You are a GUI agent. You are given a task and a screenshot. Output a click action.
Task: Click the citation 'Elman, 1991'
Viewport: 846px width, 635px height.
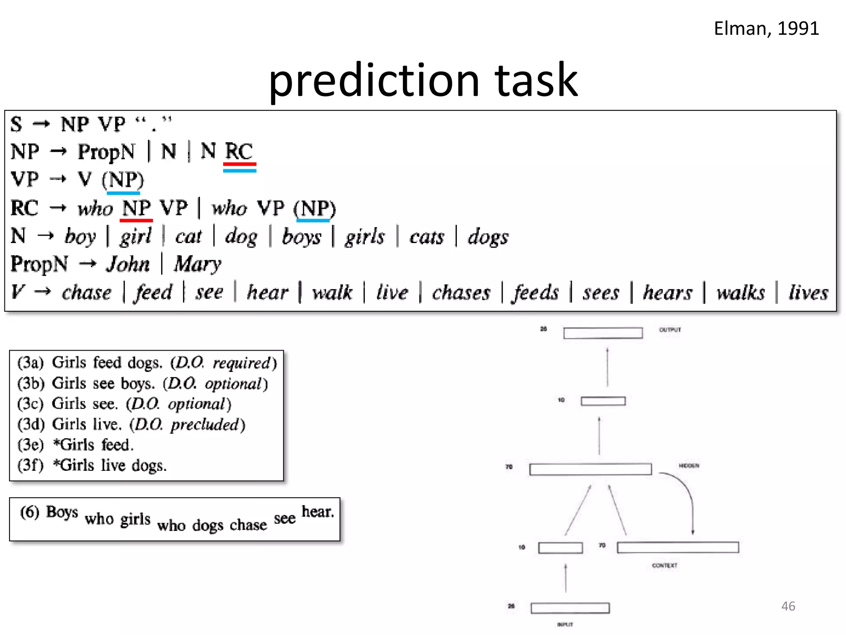(x=766, y=29)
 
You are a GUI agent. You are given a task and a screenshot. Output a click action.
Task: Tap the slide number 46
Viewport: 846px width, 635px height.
(x=788, y=606)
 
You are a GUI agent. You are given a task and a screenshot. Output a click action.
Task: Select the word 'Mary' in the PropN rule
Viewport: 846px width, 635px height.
(x=197, y=264)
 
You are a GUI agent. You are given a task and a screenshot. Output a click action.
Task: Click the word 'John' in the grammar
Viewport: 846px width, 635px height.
(x=128, y=264)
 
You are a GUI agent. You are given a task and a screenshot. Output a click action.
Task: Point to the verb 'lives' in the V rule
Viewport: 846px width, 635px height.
(x=808, y=293)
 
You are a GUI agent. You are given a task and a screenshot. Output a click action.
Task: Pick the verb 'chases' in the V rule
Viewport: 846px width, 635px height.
(x=461, y=293)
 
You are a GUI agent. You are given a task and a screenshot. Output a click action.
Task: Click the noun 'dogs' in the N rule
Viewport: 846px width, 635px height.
(x=488, y=237)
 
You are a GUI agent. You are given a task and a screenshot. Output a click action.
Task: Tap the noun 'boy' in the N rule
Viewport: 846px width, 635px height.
(x=80, y=237)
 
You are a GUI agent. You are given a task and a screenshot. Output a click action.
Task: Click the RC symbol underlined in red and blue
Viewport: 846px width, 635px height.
(x=239, y=151)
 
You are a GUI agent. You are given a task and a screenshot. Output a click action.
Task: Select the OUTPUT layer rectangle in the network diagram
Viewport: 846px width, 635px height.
(x=603, y=333)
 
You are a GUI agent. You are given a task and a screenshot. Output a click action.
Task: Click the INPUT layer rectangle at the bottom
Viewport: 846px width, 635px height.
(x=570, y=608)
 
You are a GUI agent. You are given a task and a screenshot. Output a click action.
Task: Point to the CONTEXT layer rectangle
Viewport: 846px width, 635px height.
(x=677, y=547)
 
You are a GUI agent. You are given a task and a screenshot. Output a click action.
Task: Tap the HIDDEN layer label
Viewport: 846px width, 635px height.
(x=689, y=466)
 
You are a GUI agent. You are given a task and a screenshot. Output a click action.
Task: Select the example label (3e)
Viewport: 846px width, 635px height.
(x=31, y=445)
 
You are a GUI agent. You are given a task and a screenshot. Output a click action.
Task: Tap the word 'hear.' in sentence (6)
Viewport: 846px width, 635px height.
(x=317, y=512)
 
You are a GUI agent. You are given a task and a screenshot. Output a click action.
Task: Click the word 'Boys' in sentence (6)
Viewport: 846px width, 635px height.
(x=62, y=512)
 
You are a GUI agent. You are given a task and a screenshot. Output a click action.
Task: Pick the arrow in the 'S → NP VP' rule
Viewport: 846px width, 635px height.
(x=41, y=124)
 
